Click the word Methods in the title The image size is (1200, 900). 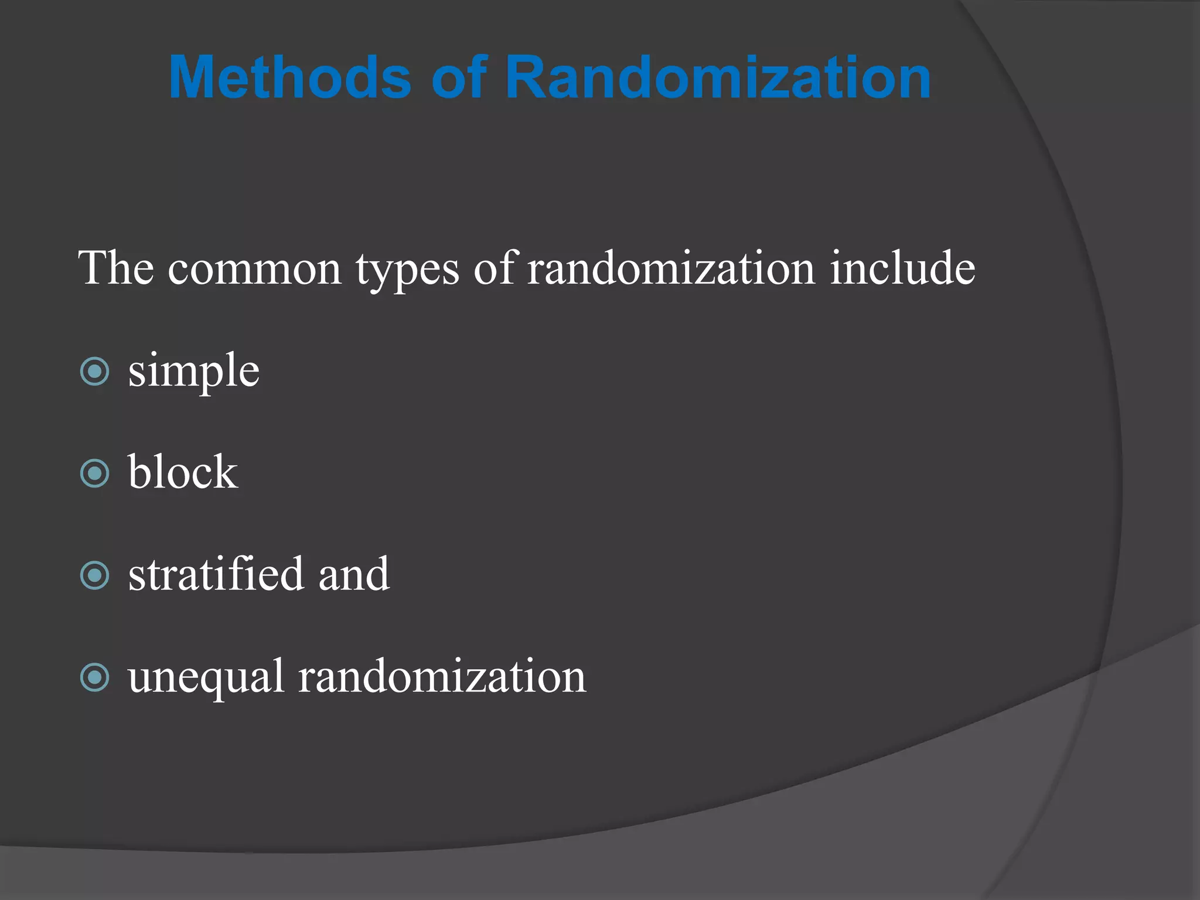[290, 77]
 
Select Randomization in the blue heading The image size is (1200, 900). [718, 77]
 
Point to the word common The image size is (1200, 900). [254, 269]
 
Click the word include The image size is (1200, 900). [902, 268]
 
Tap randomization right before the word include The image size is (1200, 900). [671, 269]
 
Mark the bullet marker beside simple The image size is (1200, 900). [95, 371]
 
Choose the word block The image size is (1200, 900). [183, 472]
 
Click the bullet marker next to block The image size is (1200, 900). [95, 473]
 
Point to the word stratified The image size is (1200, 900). [216, 574]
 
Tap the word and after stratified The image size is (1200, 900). [354, 574]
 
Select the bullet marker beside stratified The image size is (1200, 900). [95, 575]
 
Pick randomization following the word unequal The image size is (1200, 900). [442, 677]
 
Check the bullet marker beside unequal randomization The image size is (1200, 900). [95, 677]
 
